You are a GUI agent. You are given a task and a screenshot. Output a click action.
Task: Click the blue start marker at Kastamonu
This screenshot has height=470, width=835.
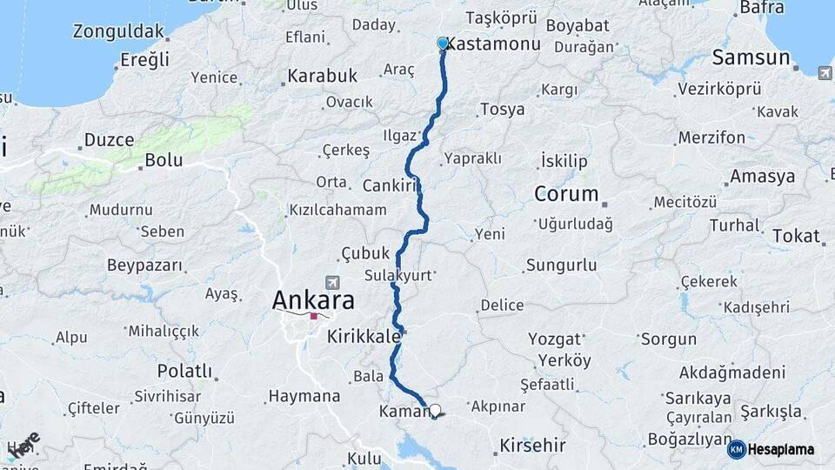pyautogui.click(x=442, y=43)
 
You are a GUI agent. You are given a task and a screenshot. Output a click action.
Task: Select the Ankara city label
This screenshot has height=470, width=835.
pyautogui.click(x=313, y=301)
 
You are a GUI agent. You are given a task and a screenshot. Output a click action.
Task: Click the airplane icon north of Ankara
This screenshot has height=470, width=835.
pyautogui.click(x=331, y=283)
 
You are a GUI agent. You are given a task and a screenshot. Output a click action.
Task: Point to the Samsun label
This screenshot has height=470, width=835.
pyautogui.click(x=751, y=59)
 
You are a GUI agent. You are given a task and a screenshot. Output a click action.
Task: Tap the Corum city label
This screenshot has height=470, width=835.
pyautogui.click(x=566, y=194)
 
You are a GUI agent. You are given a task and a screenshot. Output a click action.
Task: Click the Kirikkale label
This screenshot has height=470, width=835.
pyautogui.click(x=364, y=336)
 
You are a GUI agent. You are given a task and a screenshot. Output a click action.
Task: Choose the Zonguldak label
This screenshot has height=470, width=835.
pyautogui.click(x=118, y=32)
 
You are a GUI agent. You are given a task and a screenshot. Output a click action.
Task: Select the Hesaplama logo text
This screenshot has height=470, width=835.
pyautogui.click(x=781, y=449)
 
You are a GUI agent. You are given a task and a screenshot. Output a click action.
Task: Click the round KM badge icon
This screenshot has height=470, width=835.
pyautogui.click(x=736, y=449)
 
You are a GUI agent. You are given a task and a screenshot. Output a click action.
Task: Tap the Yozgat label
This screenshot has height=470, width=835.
pyautogui.click(x=554, y=339)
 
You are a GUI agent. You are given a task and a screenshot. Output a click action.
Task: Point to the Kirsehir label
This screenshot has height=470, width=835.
pyautogui.click(x=532, y=446)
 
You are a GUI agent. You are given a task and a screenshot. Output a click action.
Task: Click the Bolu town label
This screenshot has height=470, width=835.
pyautogui.click(x=164, y=160)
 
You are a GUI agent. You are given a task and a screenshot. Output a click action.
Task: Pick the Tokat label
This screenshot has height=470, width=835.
pyautogui.click(x=796, y=236)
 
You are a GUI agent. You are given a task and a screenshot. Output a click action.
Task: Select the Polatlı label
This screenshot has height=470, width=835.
pyautogui.click(x=184, y=372)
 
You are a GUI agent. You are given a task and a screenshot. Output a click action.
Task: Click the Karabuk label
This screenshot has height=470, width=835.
pyautogui.click(x=322, y=77)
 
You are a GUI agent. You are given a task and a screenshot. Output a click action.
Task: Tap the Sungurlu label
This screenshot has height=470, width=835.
pyautogui.click(x=561, y=264)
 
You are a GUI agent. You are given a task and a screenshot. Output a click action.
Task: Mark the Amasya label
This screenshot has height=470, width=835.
pyautogui.click(x=763, y=177)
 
